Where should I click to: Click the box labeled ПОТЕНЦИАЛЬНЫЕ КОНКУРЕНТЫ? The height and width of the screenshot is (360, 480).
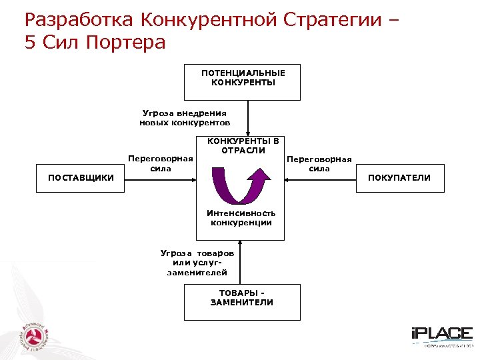tap(243, 81)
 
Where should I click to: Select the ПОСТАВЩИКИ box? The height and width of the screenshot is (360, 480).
tap(80, 177)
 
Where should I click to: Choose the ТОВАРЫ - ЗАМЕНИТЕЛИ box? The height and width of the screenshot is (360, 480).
tap(241, 301)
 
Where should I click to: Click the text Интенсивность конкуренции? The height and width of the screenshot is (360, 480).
tap(241, 217)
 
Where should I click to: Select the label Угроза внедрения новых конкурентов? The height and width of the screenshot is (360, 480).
tap(184, 118)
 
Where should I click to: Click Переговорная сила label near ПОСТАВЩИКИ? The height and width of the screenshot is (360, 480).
tap(160, 163)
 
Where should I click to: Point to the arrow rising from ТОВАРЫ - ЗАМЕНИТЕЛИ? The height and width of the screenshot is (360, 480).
tap(241, 262)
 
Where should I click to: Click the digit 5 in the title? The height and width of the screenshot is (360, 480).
tap(29, 43)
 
